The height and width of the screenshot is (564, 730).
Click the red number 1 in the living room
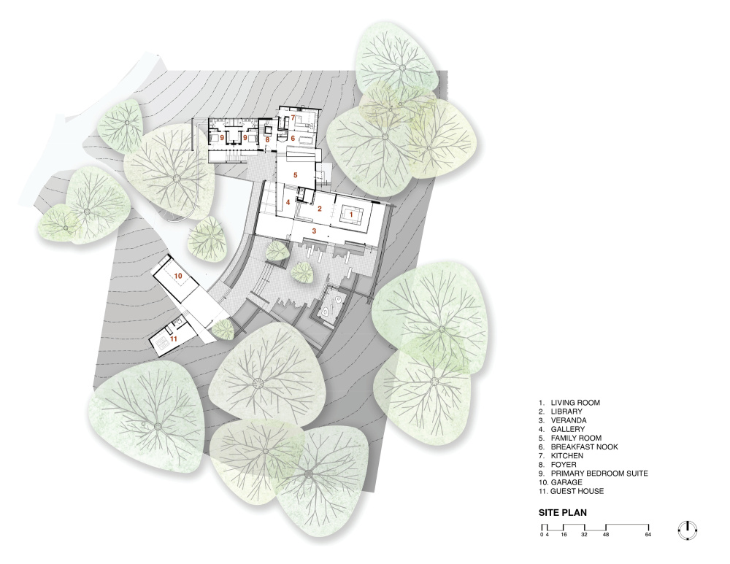tap(352, 215)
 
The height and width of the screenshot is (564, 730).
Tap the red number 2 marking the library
tap(320, 209)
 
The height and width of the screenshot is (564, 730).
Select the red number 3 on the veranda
tap(314, 231)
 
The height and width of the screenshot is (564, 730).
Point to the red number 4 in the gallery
tap(288, 202)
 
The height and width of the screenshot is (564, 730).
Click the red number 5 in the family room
tap(295, 175)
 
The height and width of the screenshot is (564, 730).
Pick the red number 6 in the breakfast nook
tap(293, 138)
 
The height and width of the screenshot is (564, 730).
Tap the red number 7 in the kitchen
tap(293, 117)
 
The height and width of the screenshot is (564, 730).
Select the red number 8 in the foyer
tap(267, 139)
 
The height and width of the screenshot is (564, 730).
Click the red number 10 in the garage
tap(178, 276)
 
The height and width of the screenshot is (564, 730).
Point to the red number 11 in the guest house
tap(174, 339)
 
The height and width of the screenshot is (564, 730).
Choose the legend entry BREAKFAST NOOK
tap(584, 447)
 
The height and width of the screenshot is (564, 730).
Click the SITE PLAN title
tap(562, 513)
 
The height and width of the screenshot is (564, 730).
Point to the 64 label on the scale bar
tap(648, 535)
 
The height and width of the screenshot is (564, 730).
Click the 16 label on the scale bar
tap(564, 535)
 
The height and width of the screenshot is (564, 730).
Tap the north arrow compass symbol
tap(688, 530)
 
